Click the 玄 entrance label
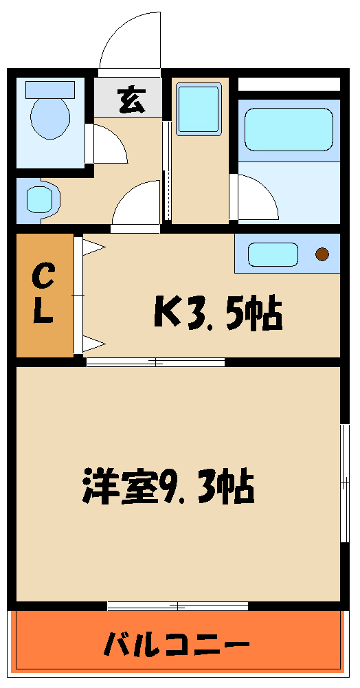131,100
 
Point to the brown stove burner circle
322,254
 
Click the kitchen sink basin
273,254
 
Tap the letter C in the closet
44,278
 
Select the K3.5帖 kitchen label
218,315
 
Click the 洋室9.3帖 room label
169,487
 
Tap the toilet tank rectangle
49,89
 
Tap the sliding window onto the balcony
177,606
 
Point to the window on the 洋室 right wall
344,485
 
